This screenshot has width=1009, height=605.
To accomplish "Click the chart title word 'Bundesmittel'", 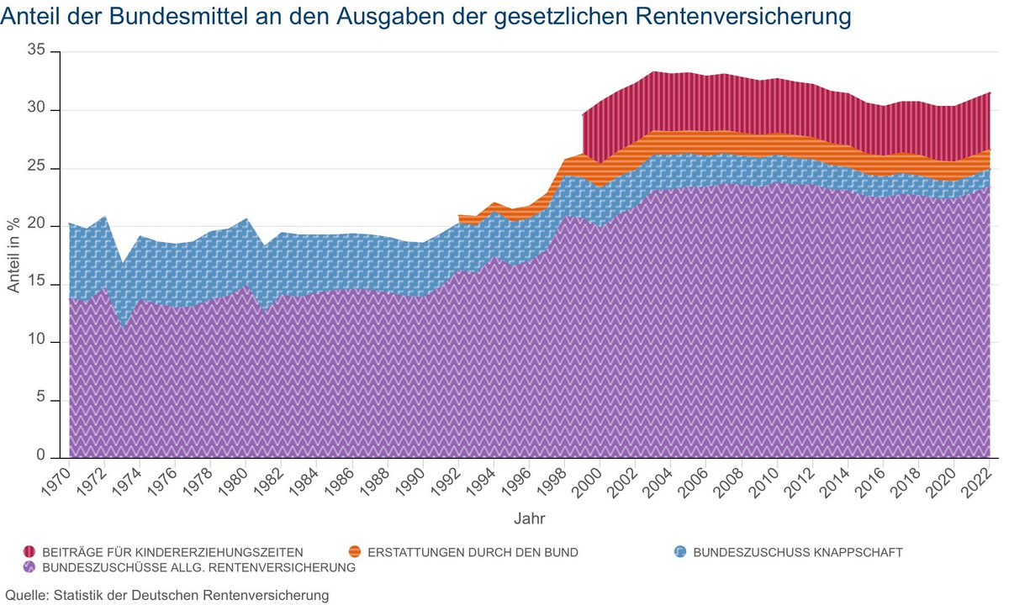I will click(156, 17).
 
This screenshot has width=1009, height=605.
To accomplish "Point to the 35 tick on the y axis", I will click(38, 52).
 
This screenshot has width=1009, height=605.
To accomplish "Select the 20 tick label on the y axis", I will click(38, 227).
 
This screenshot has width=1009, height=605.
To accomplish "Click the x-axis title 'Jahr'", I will click(530, 519).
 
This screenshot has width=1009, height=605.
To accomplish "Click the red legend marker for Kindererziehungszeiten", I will click(29, 552).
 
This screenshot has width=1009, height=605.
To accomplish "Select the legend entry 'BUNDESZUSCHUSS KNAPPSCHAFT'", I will click(797, 552).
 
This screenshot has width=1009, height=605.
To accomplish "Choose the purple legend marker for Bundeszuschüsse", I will click(29, 567).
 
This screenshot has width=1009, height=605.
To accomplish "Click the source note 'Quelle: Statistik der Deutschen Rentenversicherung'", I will click(166, 596).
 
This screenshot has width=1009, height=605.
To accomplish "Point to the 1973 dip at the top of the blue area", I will click(123, 265).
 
